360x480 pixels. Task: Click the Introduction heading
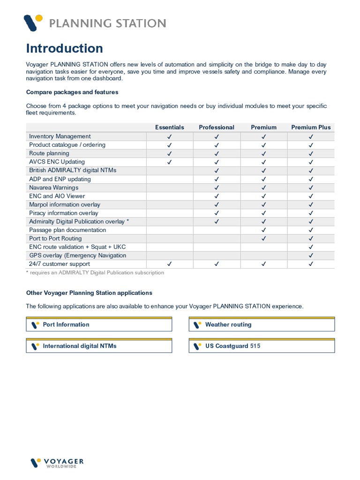(64, 48)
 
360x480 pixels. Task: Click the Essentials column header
(170, 127)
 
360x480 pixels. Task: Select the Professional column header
(217, 127)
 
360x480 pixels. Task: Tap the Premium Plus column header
(311, 127)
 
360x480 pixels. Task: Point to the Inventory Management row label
(60, 136)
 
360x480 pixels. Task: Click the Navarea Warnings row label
(53, 187)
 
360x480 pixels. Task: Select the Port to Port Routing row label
(55, 239)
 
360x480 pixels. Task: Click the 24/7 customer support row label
(53, 264)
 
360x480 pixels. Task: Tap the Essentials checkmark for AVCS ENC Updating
(170, 162)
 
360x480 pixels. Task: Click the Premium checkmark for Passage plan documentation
(263, 230)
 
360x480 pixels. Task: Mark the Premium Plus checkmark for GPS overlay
(311, 255)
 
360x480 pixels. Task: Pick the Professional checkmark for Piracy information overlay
(217, 213)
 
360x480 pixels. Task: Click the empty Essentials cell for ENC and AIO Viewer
(170, 196)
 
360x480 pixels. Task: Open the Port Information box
(99, 324)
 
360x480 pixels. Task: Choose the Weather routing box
(262, 324)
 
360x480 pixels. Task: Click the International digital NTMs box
(99, 346)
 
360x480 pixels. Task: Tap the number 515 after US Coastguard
(255, 346)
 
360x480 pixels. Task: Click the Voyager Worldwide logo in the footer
(57, 463)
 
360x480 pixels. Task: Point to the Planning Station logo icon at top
(33, 22)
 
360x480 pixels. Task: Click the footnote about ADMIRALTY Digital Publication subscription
(95, 272)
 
